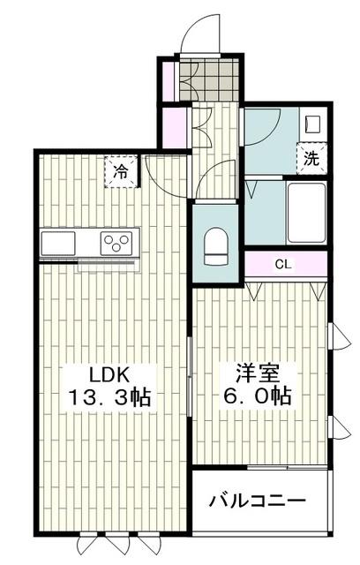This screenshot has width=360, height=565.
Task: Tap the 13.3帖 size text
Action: [x=110, y=396]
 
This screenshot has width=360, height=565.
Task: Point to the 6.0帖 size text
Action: [x=257, y=396]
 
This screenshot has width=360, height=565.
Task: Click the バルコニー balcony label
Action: [x=257, y=501]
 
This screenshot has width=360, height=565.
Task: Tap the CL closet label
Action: [x=283, y=264]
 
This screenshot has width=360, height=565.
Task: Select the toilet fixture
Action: [x=215, y=246]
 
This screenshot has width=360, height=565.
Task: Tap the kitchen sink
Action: [x=60, y=243]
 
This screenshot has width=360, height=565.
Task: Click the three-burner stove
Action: [x=117, y=242]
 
